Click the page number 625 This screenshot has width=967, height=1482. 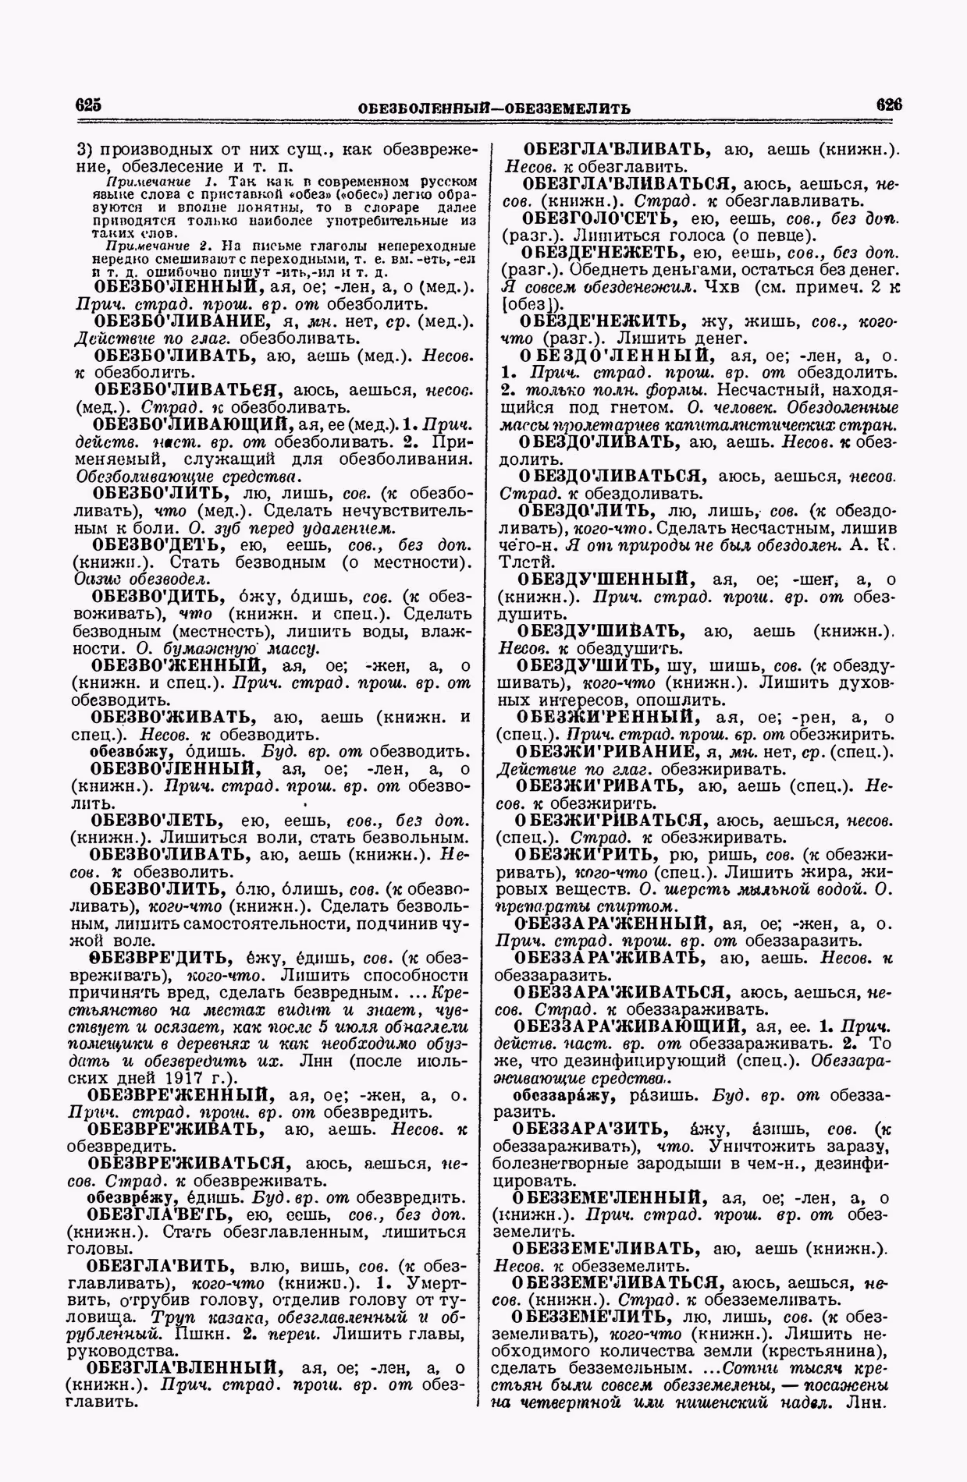(90, 106)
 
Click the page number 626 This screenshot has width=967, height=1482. (889, 105)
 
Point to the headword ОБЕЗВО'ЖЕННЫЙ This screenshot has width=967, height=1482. (175, 665)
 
